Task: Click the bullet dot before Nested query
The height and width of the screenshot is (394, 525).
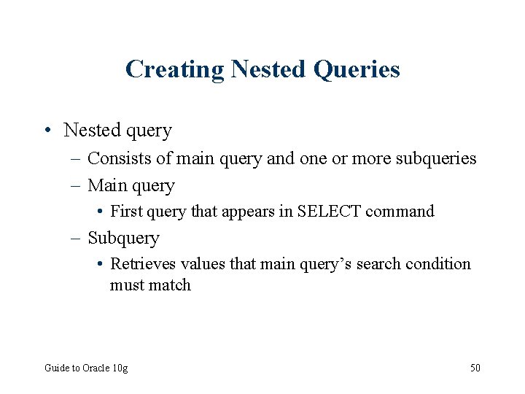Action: [x=47, y=131]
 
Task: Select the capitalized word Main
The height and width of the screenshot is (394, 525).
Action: [x=105, y=185]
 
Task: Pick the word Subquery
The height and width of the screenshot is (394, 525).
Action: [x=123, y=238]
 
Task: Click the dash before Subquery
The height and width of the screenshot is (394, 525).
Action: [x=77, y=238]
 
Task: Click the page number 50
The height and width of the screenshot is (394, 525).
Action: [x=475, y=368]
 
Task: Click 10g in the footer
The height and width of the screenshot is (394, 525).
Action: [x=120, y=368]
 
